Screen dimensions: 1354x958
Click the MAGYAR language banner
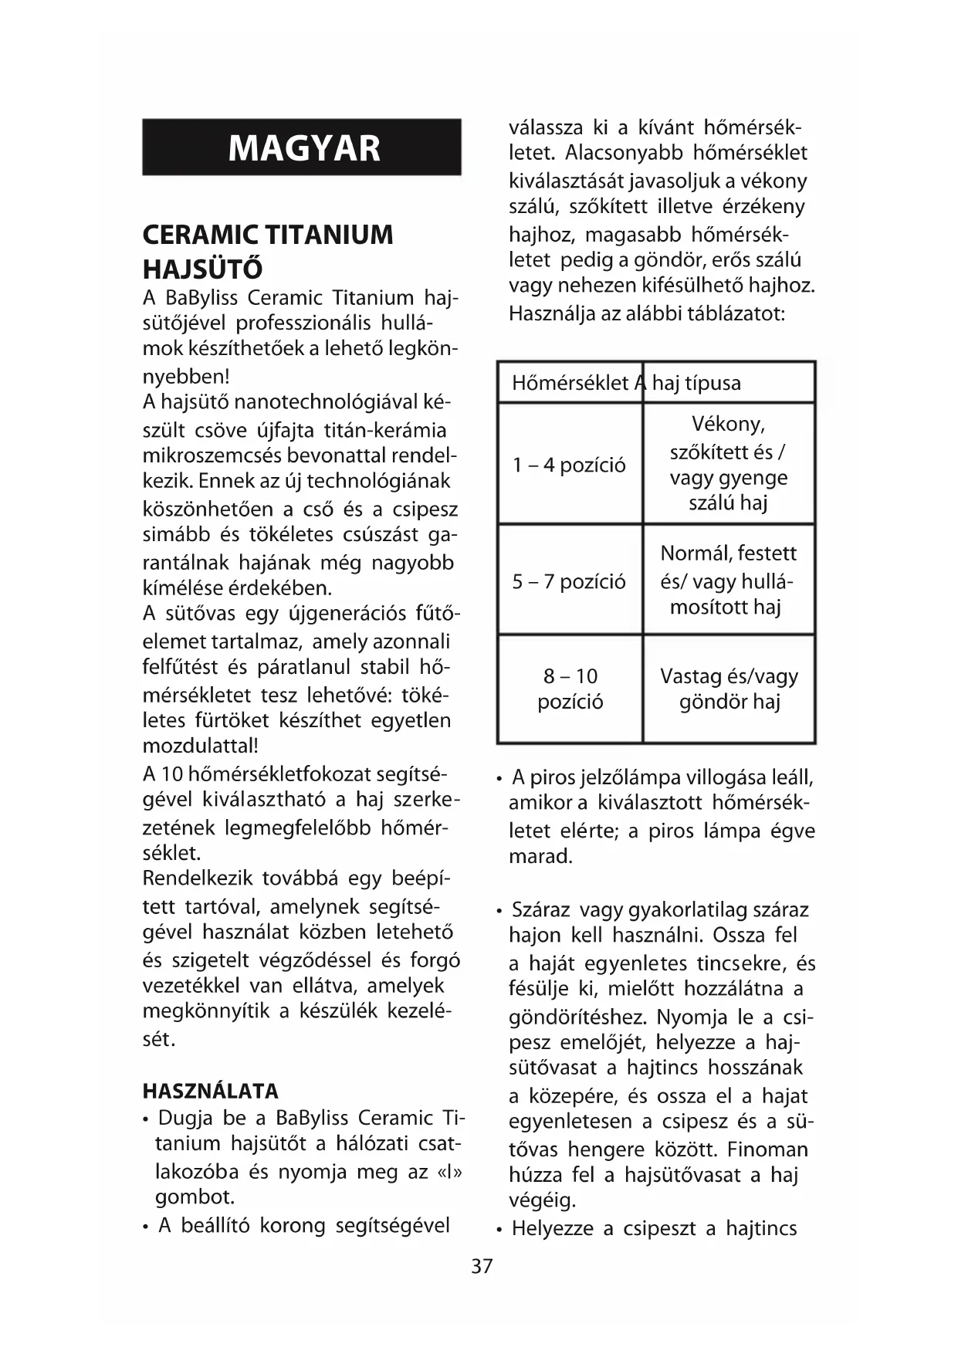(x=302, y=147)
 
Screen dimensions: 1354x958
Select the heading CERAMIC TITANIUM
(x=268, y=235)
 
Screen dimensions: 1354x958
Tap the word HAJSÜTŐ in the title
(x=202, y=269)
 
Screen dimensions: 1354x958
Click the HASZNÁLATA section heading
(x=210, y=1091)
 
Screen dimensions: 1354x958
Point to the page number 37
(x=482, y=1267)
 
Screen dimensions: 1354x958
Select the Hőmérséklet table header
(x=570, y=383)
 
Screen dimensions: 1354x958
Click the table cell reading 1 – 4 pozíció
(x=570, y=465)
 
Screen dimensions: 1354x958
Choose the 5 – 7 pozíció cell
(x=570, y=581)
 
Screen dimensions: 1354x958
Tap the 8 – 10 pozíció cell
(x=570, y=689)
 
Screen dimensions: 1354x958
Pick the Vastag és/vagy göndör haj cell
(x=730, y=689)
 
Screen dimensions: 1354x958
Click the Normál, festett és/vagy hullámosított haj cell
(x=729, y=580)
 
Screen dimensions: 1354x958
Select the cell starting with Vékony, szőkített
(x=729, y=463)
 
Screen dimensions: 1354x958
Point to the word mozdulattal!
(x=201, y=746)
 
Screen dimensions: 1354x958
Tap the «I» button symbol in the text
(x=449, y=1171)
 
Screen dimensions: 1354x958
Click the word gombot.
(x=195, y=1197)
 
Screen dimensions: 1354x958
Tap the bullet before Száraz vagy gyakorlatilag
(x=500, y=911)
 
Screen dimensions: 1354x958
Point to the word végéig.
(x=542, y=1200)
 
